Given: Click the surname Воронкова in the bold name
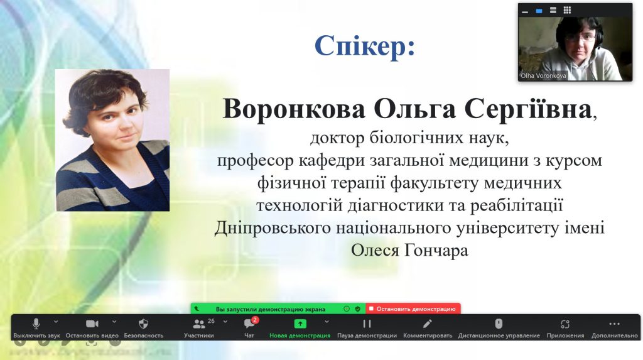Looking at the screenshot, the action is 294,109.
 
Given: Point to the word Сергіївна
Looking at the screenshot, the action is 528,109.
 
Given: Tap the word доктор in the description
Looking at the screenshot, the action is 337,138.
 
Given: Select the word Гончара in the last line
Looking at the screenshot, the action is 436,250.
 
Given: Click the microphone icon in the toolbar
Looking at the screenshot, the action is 36,324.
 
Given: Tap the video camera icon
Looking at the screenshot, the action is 92,324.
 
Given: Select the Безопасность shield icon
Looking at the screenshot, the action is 143,324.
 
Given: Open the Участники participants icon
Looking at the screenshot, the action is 199,324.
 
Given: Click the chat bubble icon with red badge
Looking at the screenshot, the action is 249,324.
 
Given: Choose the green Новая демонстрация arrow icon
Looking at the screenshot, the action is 300,324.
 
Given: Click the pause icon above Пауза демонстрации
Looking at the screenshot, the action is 367,324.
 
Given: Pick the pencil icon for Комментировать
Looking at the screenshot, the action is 427,324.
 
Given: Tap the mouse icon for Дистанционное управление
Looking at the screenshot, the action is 499,324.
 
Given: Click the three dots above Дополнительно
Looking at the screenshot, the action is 614,324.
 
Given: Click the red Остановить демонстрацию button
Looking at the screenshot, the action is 413,308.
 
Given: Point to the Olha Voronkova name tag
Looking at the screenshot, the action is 543,76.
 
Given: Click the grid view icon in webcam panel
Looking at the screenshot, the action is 567,10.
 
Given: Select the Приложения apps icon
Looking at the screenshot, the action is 565,324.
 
